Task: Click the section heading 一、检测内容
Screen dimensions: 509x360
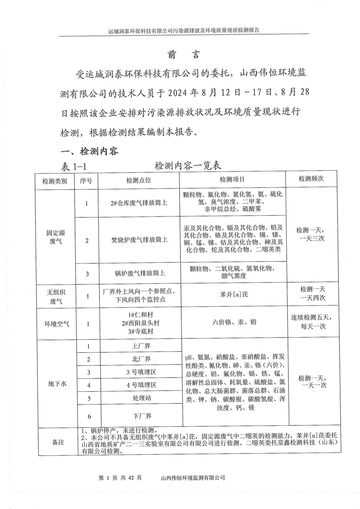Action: tap(86, 151)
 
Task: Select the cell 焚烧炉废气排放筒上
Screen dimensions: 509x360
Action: tap(139, 240)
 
